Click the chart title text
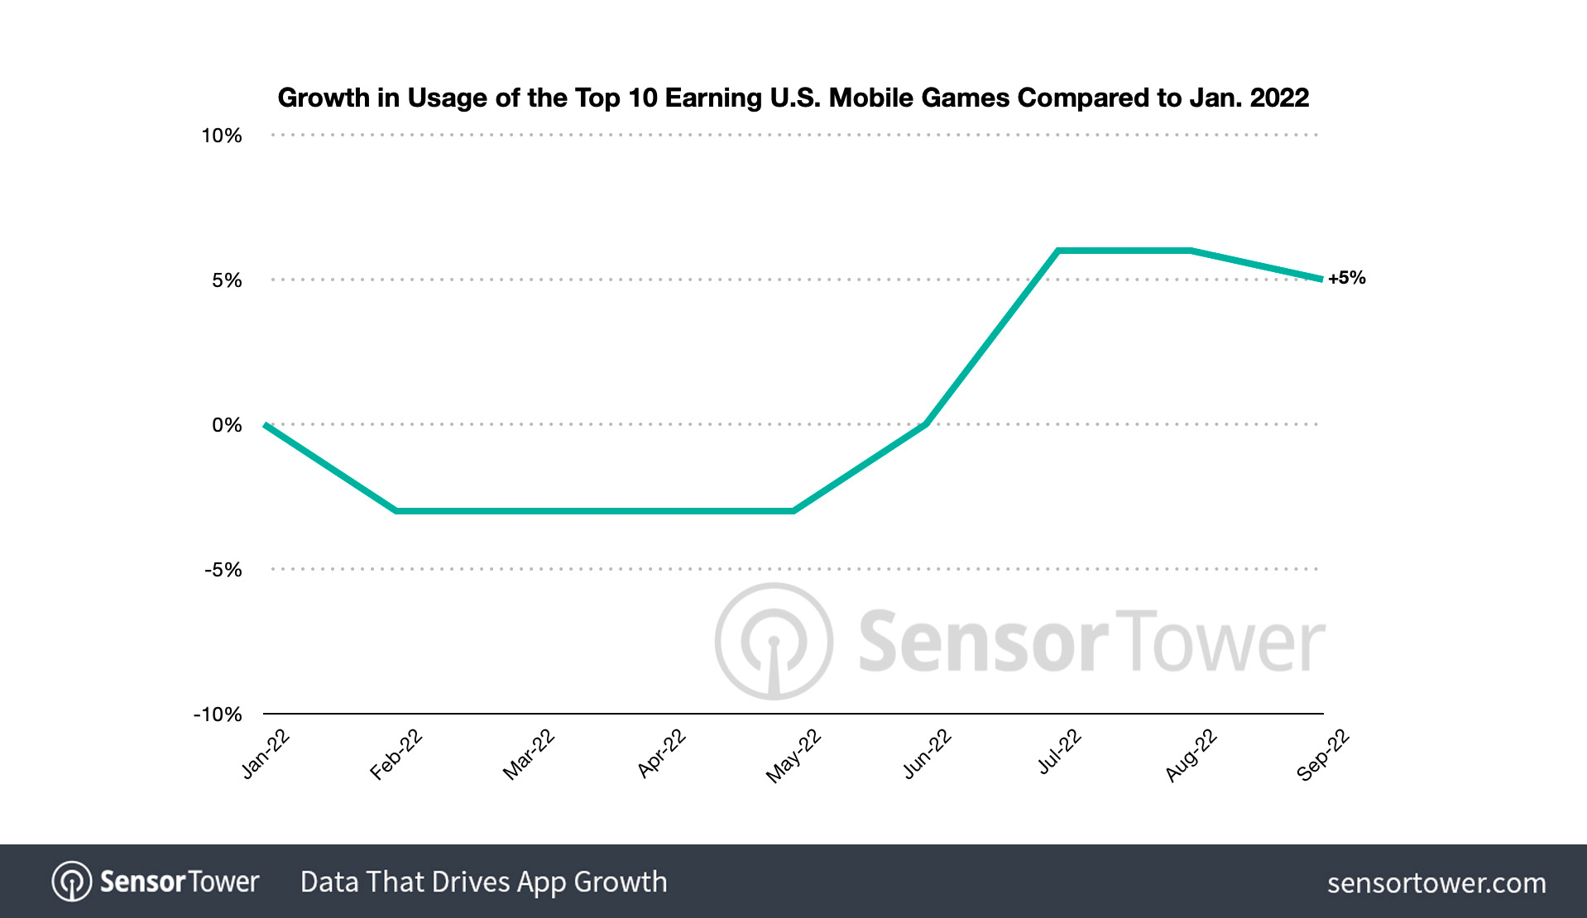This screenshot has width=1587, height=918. tap(793, 98)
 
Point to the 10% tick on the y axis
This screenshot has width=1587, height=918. tap(222, 136)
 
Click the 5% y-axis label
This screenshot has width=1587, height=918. tap(227, 280)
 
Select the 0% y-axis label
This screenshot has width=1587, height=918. tap(227, 425)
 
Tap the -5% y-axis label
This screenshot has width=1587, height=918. tap(223, 570)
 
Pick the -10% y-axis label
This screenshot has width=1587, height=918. tap(218, 715)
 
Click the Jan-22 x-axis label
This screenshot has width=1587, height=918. tap(265, 754)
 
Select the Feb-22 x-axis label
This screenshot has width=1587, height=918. tap(396, 754)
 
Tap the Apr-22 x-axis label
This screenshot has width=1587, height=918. tap(661, 754)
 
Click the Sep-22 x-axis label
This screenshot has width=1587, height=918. tap(1322, 755)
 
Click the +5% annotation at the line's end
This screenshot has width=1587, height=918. tap(1347, 278)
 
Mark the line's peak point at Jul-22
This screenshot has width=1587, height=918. tap(1058, 250)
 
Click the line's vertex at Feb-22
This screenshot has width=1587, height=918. tap(396, 511)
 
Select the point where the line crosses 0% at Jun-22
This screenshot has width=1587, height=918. tap(925, 424)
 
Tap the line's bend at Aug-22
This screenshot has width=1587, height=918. tap(1191, 250)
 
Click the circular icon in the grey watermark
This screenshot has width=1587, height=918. tap(774, 642)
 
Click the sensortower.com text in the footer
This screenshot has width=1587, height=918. tap(1436, 883)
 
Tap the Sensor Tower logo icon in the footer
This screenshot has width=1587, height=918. tap(72, 882)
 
